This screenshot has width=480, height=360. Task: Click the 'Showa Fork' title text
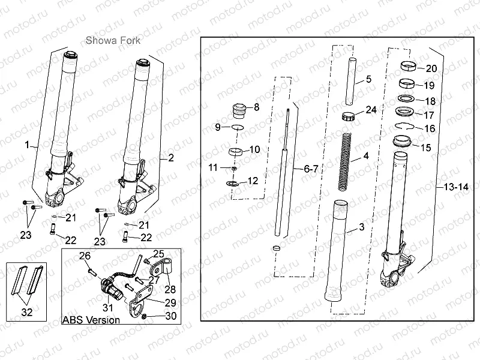pos(113,41)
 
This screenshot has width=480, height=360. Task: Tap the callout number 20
pos(431,68)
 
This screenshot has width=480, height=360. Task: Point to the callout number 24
pos(371,110)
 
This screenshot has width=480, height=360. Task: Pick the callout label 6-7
pos(310,170)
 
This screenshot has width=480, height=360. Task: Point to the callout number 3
pos(361,227)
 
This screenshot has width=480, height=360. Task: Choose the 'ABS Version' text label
pos(91,320)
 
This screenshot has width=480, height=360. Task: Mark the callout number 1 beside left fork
pos(26,145)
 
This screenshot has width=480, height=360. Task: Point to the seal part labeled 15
pos(402,143)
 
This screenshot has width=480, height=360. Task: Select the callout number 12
pos(253,181)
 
